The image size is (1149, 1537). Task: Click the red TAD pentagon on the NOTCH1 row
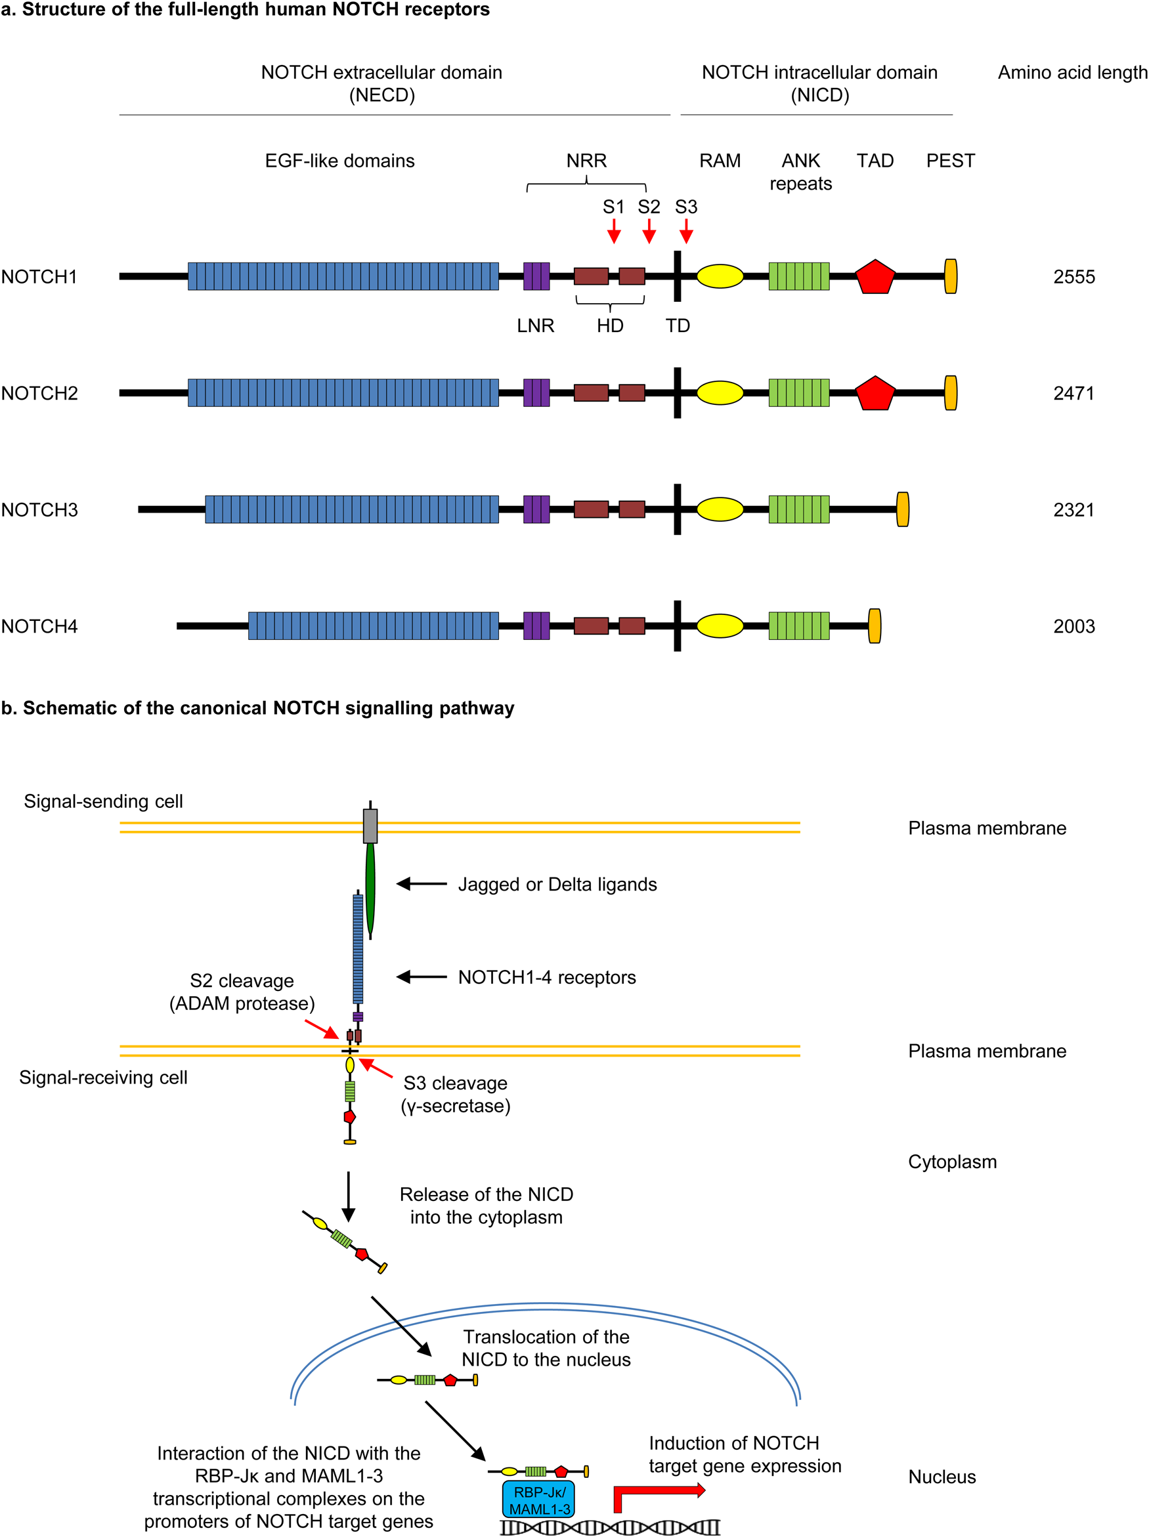(x=875, y=277)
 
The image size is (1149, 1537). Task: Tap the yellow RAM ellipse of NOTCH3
(x=720, y=509)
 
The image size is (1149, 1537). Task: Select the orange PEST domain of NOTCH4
(x=875, y=626)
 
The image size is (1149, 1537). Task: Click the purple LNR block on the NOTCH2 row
(x=536, y=392)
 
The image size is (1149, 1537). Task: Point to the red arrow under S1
(x=613, y=232)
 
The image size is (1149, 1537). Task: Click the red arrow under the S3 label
(x=686, y=232)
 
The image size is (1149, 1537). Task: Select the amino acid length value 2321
(x=1073, y=510)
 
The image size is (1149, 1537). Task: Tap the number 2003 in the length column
(x=1073, y=627)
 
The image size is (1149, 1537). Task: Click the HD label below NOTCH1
(x=609, y=326)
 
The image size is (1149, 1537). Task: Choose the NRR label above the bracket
(x=586, y=161)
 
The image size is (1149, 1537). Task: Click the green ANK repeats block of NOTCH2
(x=798, y=392)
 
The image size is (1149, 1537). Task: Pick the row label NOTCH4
(x=39, y=627)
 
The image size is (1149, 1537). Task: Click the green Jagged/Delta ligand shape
(x=370, y=889)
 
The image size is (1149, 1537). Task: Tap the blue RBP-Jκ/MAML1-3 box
(x=538, y=1500)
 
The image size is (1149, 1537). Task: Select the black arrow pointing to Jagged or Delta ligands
(x=422, y=884)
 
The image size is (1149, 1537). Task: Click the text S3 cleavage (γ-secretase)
(x=455, y=1095)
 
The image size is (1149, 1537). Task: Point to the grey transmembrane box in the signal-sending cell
(x=370, y=826)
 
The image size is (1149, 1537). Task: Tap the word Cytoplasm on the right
(x=951, y=1162)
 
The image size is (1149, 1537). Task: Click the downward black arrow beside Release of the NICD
(x=348, y=1196)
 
